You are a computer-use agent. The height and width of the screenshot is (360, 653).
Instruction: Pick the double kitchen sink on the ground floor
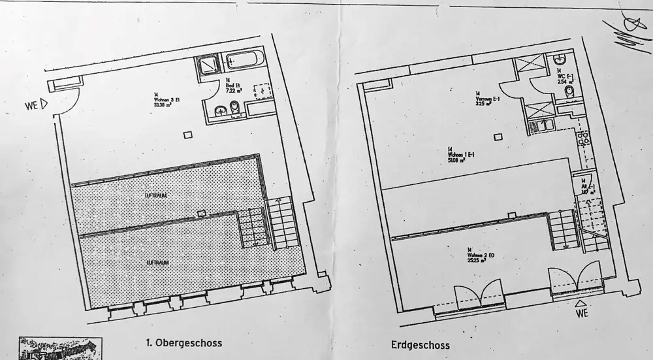point(584,139)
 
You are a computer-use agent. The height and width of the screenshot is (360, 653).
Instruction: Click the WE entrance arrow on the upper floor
point(44,103)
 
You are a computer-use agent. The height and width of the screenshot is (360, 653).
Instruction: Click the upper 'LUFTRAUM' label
point(155,195)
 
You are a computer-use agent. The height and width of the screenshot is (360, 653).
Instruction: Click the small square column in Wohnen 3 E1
point(188,134)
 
